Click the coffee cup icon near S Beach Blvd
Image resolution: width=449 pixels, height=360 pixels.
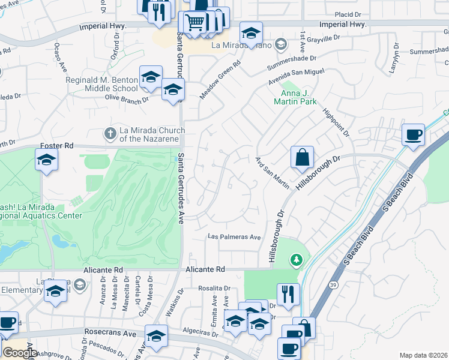pos(412,135)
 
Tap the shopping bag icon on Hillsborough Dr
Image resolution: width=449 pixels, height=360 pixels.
pos(303,158)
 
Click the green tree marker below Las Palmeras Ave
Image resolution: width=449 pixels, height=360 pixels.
pos(295,260)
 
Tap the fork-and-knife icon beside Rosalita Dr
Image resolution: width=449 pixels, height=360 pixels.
pos(288,294)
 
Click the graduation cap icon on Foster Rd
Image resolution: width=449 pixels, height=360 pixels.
pos(46,160)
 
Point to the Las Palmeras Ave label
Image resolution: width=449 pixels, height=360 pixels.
pos(234,237)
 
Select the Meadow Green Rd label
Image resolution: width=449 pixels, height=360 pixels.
pos(220,80)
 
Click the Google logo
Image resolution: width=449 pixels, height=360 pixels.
pos(20,353)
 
